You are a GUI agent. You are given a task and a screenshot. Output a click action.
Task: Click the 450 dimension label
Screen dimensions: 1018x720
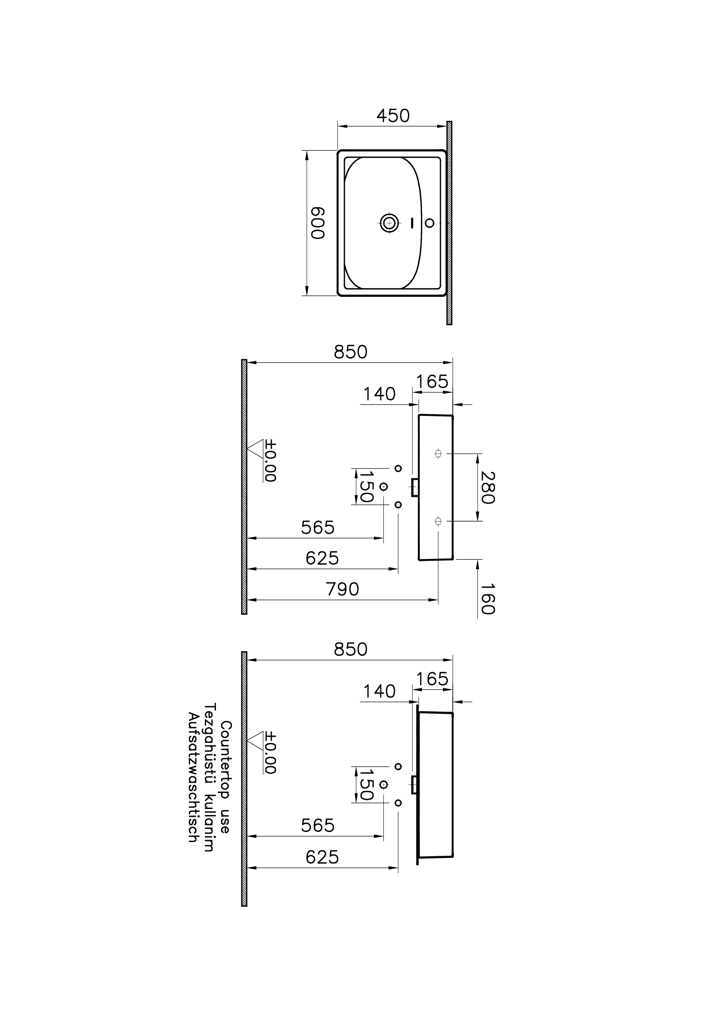tap(393, 116)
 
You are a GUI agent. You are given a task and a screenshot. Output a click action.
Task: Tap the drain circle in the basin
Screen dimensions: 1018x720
tap(389, 223)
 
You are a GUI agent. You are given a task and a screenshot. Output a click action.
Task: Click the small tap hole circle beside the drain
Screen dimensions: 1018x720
tap(429, 223)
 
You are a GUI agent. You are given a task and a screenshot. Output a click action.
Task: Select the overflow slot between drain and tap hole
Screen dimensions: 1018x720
tap(412, 223)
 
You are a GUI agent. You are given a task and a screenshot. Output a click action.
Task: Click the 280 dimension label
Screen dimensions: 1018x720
tap(487, 487)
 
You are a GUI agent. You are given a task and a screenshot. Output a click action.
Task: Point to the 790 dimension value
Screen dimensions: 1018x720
tap(342, 590)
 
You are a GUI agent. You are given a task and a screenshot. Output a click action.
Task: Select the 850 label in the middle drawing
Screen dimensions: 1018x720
tap(350, 352)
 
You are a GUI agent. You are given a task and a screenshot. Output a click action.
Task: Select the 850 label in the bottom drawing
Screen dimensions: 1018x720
tap(350, 649)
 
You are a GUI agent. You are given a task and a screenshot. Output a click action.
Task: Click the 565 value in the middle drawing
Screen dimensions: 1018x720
tap(317, 528)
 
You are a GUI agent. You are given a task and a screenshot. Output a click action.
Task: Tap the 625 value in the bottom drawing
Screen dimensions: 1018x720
tap(322, 857)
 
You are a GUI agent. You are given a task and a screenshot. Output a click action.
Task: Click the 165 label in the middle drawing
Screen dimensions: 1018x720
tap(432, 382)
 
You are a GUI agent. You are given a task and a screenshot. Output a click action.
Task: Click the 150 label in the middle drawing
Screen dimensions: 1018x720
tap(366, 486)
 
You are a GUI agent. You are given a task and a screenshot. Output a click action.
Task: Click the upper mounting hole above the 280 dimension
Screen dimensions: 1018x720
tap(438, 453)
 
